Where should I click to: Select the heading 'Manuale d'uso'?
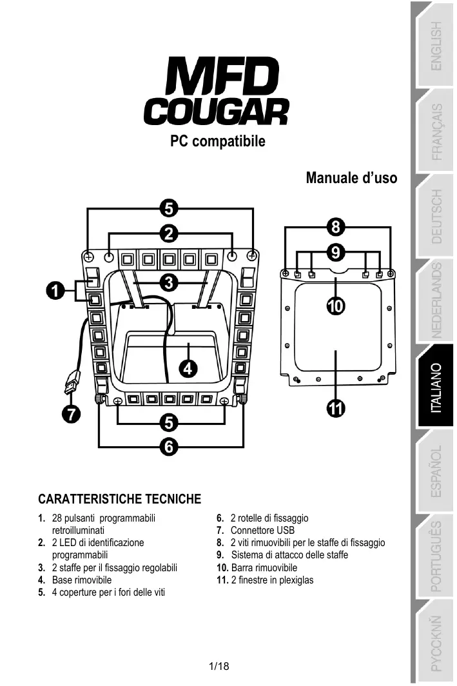pos(351,177)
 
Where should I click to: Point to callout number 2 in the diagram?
pos(169,233)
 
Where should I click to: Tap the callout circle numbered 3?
pos(169,282)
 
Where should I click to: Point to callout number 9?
pos(336,250)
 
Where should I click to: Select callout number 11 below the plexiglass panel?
pos(335,408)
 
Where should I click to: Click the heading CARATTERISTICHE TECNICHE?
pos(120,499)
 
